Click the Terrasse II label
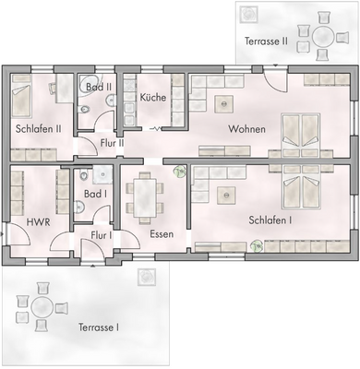coord(266,42)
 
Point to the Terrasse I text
coord(99,327)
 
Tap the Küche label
coord(152,97)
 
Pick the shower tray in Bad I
coord(102,173)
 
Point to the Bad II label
coord(98,87)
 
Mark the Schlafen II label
coord(38,128)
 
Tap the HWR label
coord(38,221)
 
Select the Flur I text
coord(102,236)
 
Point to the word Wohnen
coord(246,129)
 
